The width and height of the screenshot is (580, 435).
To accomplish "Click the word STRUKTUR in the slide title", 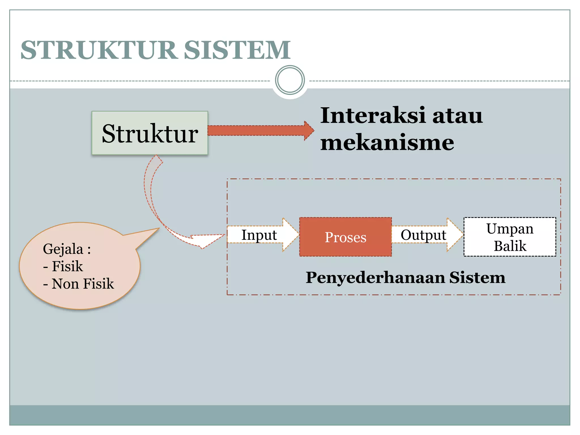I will click(99, 50).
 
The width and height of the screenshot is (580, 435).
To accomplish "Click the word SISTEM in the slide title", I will click(237, 50).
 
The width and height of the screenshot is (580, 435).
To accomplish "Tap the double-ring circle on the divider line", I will click(290, 80).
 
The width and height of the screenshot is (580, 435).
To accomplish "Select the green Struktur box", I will click(150, 133).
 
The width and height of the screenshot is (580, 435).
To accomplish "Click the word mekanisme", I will click(387, 142).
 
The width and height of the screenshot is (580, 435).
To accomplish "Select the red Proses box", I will click(346, 237).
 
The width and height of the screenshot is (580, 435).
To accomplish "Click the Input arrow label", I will click(259, 235).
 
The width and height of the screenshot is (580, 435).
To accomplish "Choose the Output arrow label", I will click(423, 235).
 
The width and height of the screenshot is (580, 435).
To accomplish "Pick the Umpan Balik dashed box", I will click(510, 237).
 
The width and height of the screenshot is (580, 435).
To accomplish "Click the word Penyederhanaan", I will click(375, 277).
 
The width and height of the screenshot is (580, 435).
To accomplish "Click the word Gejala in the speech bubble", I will click(63, 249).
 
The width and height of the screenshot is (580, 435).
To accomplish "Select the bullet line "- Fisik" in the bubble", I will click(63, 266).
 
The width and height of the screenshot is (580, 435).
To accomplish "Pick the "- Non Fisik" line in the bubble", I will click(78, 283).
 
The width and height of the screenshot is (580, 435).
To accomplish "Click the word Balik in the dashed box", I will click(510, 246).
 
